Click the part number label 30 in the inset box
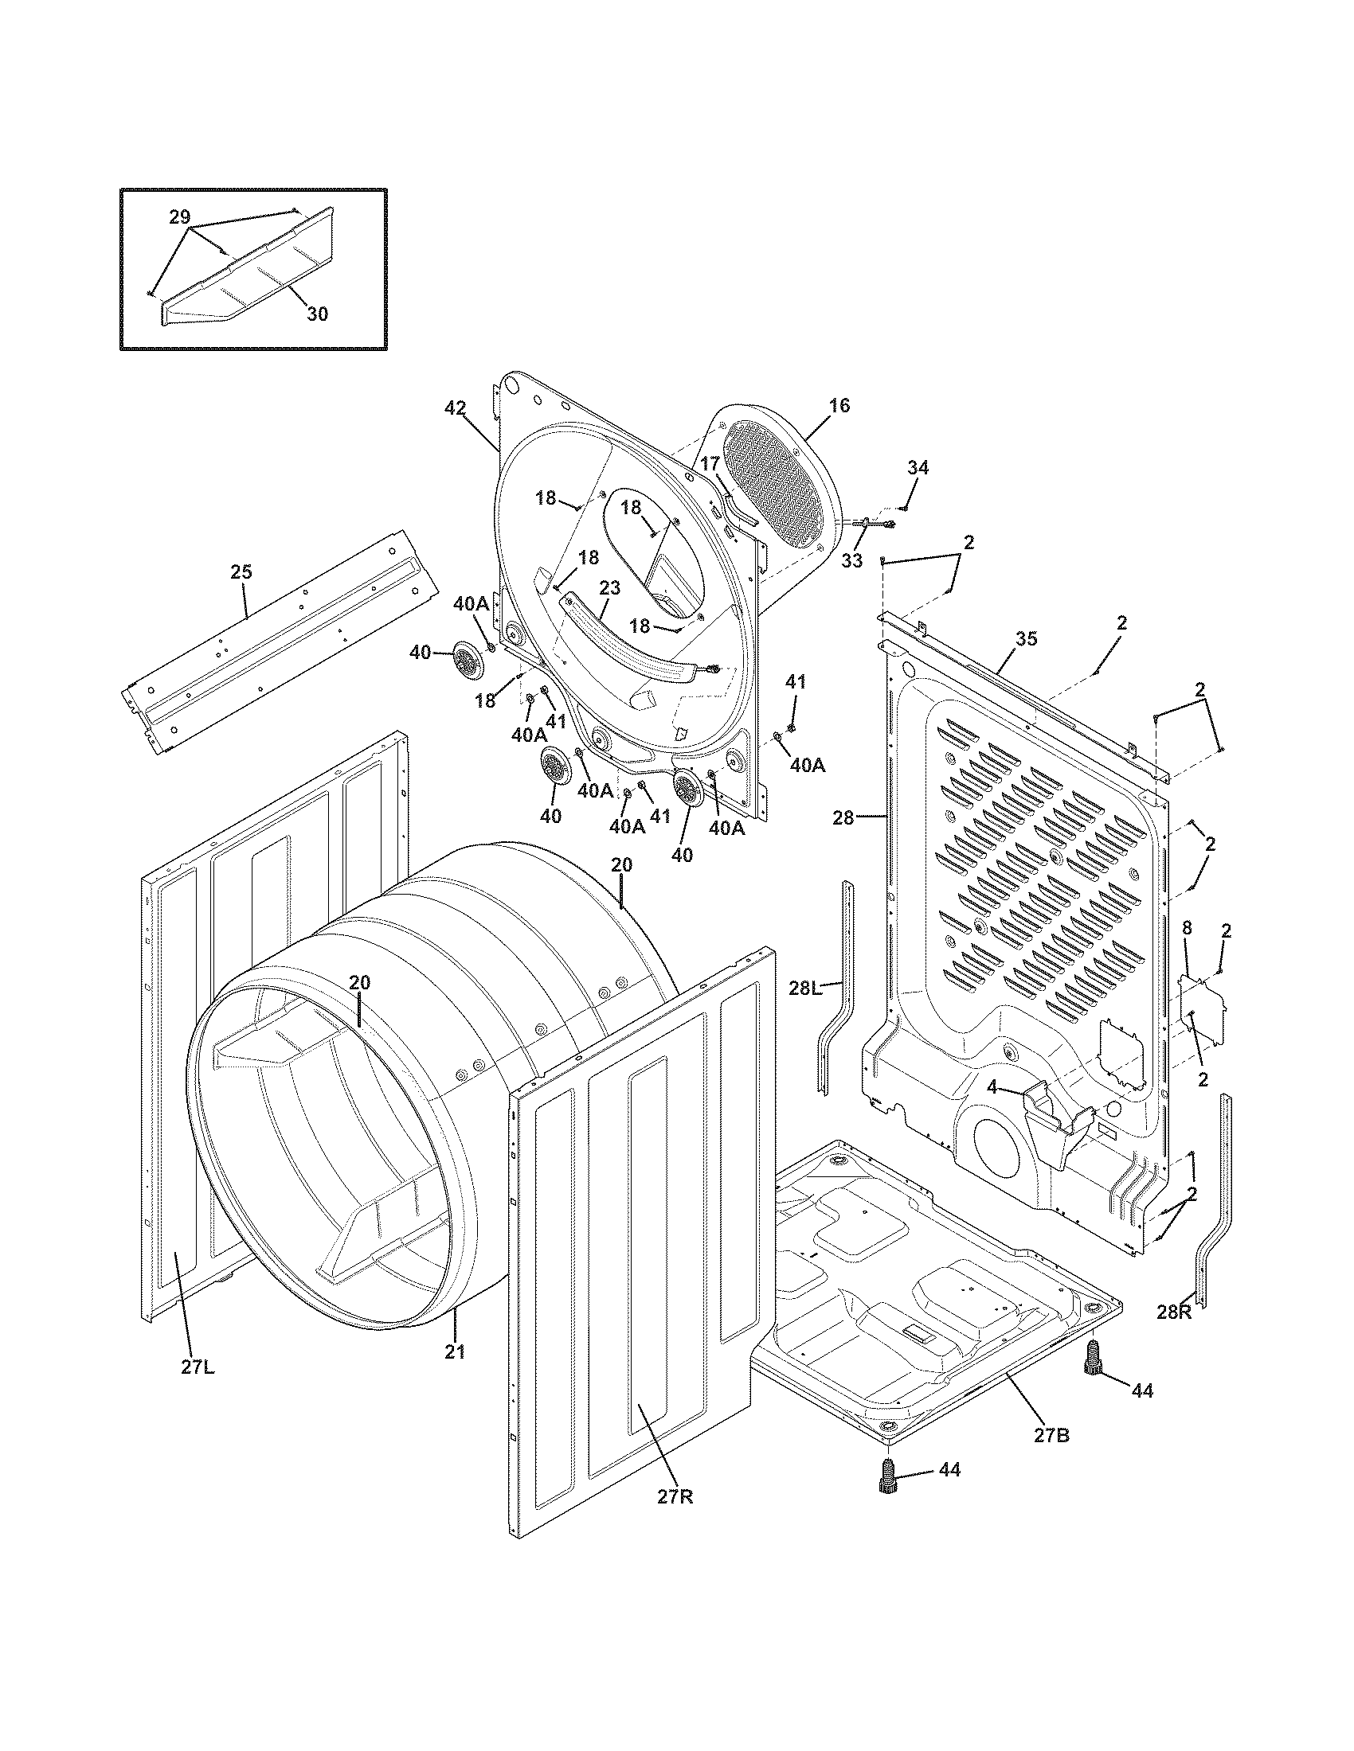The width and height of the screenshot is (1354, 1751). [x=318, y=314]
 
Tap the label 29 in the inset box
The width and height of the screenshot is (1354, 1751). [x=180, y=216]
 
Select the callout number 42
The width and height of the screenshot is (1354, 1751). [x=455, y=408]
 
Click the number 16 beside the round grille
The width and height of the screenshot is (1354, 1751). [x=839, y=406]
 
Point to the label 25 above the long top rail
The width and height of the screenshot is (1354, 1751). [x=241, y=571]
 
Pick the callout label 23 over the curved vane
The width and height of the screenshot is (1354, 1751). [x=609, y=587]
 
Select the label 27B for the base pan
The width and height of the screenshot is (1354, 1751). [x=1051, y=1436]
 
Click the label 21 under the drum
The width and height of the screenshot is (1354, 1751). [x=455, y=1351]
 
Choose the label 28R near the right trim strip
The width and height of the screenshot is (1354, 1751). [x=1174, y=1312]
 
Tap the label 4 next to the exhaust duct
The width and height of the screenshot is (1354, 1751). [x=992, y=1089]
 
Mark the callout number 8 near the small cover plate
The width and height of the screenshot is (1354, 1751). [x=1188, y=928]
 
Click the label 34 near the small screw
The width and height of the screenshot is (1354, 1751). [x=918, y=467]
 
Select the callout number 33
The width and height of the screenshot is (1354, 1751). [x=852, y=560]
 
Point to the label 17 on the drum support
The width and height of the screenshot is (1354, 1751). [x=710, y=463]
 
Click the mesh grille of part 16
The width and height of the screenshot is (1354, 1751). [x=774, y=489]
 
